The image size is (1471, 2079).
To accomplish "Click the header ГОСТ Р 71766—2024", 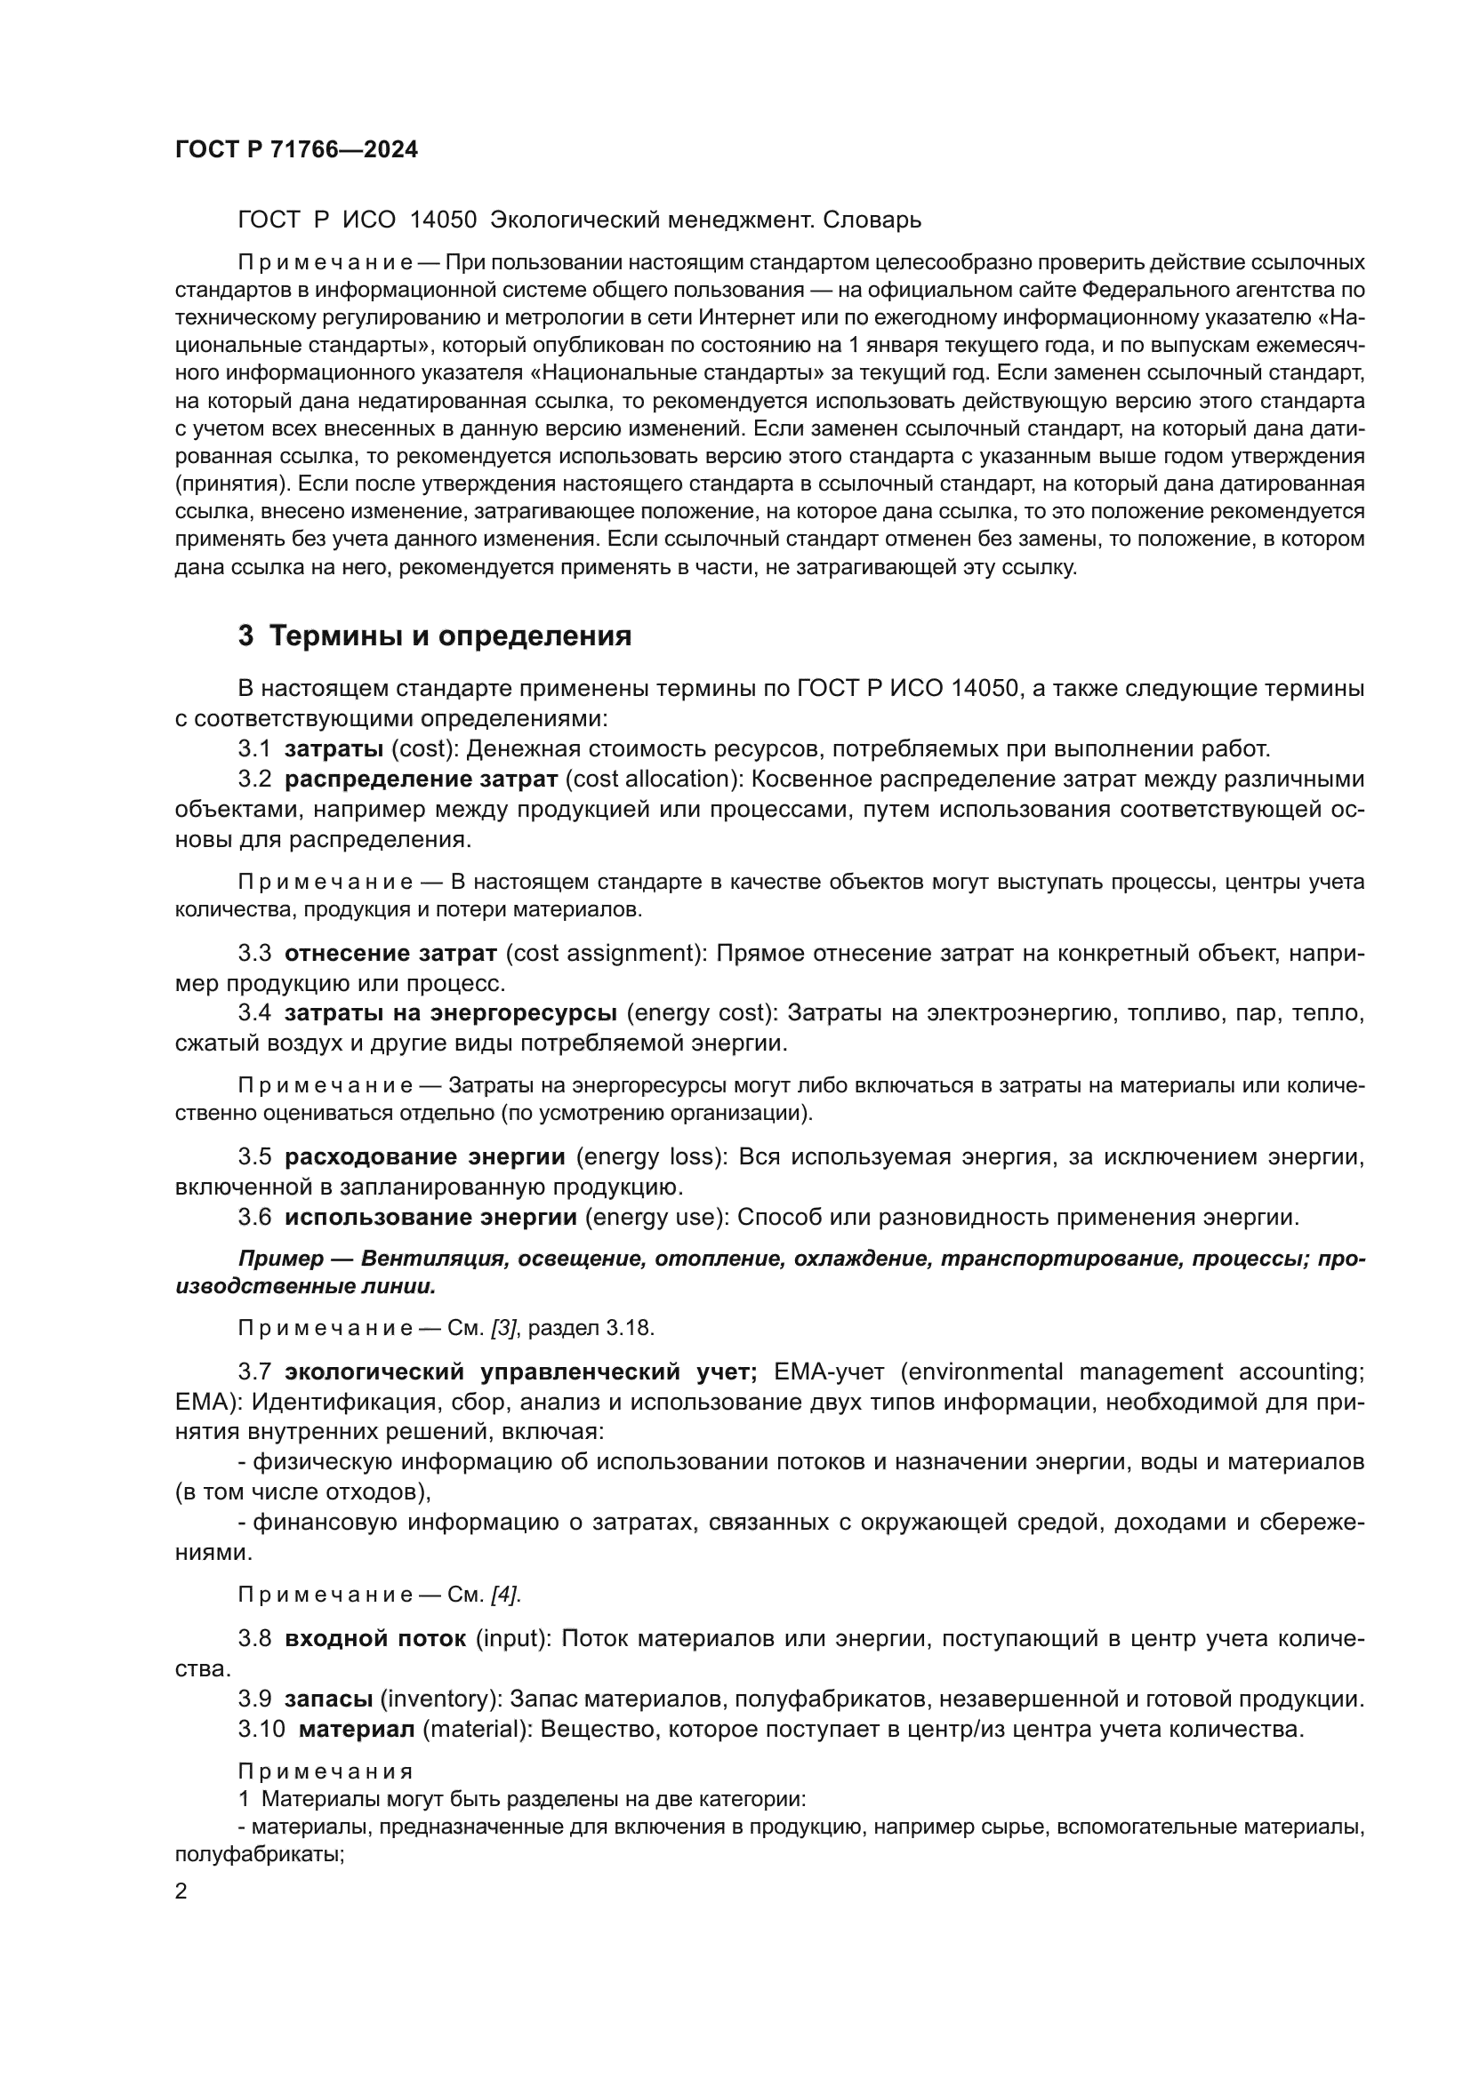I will (296, 150).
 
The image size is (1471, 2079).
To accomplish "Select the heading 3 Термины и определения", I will (434, 636).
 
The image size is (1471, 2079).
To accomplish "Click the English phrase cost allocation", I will (650, 779).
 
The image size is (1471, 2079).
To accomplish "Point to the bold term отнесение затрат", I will (390, 953).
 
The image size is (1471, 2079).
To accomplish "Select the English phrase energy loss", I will (651, 1156).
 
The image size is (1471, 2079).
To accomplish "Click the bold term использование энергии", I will (430, 1216).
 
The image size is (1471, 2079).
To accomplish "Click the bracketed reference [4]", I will (504, 1594).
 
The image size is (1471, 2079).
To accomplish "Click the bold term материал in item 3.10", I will (357, 1729).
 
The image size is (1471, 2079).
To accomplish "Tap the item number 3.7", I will (254, 1371).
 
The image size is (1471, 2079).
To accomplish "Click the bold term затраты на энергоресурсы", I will (451, 1012).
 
